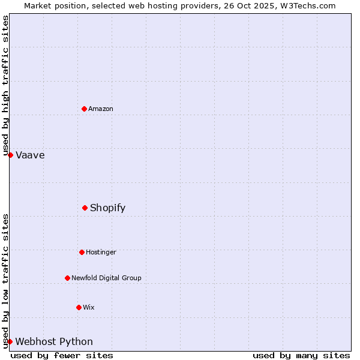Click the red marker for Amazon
[x=85, y=109]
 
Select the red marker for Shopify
[x=85, y=208]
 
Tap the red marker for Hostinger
[x=82, y=252]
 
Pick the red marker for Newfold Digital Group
[x=67, y=278]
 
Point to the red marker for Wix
[x=79, y=307]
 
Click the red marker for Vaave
[x=10, y=155]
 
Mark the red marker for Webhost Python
[x=10, y=341]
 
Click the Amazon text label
[x=101, y=109]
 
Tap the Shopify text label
[x=108, y=208]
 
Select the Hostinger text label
[x=101, y=252]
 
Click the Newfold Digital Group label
[x=106, y=278]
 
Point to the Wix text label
[x=89, y=307]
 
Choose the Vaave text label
[x=30, y=155]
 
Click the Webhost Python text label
[x=54, y=342]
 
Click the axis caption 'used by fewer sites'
[x=62, y=355]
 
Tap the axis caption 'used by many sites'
[x=301, y=355]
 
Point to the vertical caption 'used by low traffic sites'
[x=5, y=281]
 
